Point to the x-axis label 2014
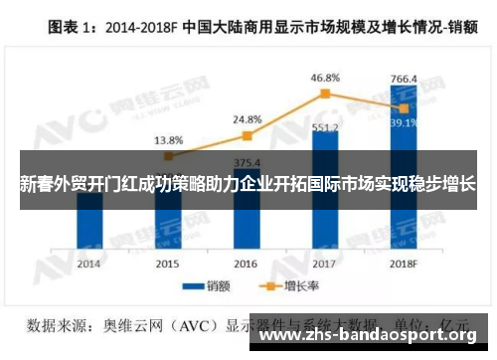[89, 264]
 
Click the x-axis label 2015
[168, 264]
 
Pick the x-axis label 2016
[246, 264]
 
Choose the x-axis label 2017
[325, 264]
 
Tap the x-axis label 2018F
[404, 264]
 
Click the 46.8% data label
[325, 76]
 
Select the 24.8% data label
[248, 119]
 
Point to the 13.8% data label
[168, 140]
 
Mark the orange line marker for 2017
[325, 93]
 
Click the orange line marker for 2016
[248, 135]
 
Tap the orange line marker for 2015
[169, 155]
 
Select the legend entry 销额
[207, 286]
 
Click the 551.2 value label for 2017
[325, 128]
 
